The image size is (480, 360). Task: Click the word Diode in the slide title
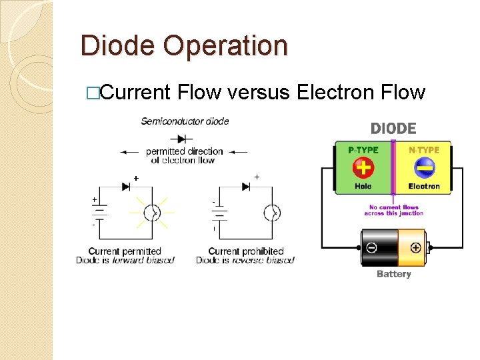[118, 46]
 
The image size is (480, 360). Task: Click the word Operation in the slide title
[225, 47]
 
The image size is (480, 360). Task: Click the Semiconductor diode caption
[185, 121]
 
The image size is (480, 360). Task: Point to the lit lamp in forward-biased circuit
[153, 213]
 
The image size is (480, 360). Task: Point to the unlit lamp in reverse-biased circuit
[272, 213]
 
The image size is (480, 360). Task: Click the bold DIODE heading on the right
[393, 129]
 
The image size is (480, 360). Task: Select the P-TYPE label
[363, 150]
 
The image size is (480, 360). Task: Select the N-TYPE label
[424, 150]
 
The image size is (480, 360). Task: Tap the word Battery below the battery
[393, 274]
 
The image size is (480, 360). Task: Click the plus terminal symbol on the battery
[415, 247]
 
